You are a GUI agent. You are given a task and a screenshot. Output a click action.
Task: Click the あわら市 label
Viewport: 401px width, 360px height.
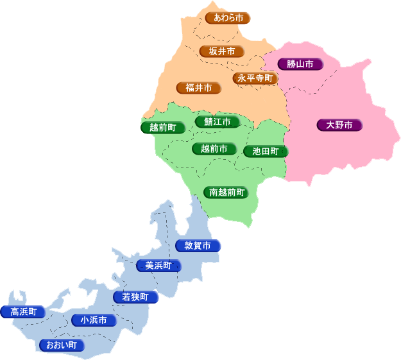(228, 18)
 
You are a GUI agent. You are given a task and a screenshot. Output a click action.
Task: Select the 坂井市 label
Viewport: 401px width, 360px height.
(221, 51)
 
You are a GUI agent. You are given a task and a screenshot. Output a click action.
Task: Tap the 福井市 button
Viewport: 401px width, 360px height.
(198, 87)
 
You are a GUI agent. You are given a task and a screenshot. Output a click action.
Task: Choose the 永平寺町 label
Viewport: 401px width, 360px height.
(255, 78)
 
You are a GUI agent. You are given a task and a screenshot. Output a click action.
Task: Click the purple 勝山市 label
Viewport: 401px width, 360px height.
(300, 64)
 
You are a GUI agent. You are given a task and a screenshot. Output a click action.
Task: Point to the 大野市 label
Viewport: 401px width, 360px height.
(339, 125)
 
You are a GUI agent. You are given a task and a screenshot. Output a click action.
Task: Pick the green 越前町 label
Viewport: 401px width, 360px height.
(163, 127)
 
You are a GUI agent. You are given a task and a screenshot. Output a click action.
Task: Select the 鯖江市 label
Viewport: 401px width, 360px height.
(218, 121)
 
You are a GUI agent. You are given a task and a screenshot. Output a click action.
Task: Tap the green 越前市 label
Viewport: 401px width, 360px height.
(214, 149)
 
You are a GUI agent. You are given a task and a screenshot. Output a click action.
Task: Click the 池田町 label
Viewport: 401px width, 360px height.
(266, 151)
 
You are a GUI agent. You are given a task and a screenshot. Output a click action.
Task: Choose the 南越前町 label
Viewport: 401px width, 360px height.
(225, 192)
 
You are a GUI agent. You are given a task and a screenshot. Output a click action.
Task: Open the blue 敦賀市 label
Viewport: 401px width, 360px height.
(198, 246)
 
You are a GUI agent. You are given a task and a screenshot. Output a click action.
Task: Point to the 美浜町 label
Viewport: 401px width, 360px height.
(158, 266)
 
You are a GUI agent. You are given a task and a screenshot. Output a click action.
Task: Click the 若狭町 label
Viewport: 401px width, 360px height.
(135, 297)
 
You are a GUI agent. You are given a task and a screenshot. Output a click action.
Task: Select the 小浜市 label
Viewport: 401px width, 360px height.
(94, 320)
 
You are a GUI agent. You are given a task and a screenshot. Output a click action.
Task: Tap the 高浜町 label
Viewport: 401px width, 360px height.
(24, 312)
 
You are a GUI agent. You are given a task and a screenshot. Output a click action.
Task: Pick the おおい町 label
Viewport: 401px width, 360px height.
(62, 345)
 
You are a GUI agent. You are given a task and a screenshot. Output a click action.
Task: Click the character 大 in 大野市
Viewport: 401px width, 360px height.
(330, 125)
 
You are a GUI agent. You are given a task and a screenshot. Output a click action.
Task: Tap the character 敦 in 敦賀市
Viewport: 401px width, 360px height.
(189, 246)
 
